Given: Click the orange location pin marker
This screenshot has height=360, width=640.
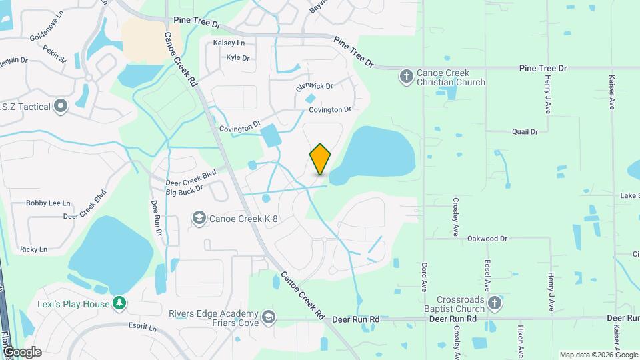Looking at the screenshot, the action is pyautogui.click(x=321, y=159).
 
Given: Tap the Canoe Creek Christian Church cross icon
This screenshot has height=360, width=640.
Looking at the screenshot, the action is pyautogui.click(x=406, y=77).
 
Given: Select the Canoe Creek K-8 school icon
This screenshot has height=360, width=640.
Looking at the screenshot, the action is pyautogui.click(x=199, y=218).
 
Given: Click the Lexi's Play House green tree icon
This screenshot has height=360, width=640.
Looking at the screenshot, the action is pyautogui.click(x=119, y=304).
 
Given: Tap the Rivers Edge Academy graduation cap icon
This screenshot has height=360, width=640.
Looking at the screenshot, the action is pyautogui.click(x=268, y=316).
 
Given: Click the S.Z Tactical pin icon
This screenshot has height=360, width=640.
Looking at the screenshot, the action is pyautogui.click(x=61, y=106).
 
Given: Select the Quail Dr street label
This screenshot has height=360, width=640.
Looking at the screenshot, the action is pyautogui.click(x=525, y=132).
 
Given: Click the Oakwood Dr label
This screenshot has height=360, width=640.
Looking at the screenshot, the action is pyautogui.click(x=487, y=238).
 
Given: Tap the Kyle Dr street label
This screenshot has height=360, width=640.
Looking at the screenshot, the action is pyautogui.click(x=237, y=58).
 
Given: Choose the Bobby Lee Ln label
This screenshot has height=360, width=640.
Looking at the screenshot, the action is pyautogui.click(x=48, y=203).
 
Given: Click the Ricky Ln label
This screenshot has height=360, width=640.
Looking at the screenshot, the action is pyautogui.click(x=33, y=249).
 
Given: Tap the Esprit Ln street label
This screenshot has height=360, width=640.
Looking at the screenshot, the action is pyautogui.click(x=143, y=328).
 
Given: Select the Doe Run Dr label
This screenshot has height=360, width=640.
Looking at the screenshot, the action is pyautogui.click(x=157, y=218).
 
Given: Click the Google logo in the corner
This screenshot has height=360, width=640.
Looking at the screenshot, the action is pyautogui.click(x=22, y=351).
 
